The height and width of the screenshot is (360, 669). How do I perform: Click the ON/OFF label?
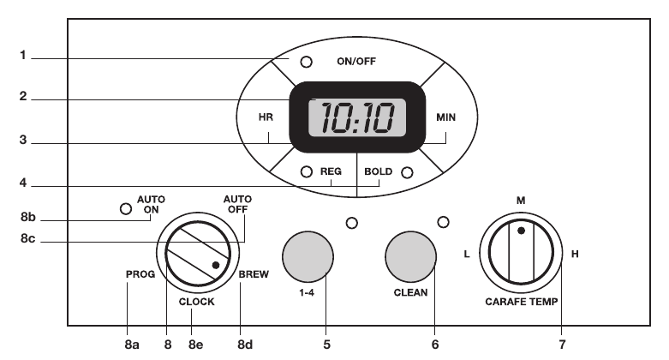click(x=356, y=62)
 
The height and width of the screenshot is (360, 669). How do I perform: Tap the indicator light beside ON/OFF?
click(x=306, y=62)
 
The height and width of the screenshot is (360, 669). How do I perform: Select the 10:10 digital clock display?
click(x=357, y=117)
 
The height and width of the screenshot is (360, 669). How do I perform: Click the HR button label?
click(x=266, y=117)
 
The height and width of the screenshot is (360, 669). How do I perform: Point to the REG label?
click(x=331, y=171)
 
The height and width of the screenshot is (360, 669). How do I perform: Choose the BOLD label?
click(x=378, y=171)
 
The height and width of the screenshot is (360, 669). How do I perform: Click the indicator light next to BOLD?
click(x=407, y=172)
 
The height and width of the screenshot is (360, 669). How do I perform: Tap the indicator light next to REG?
click(x=307, y=171)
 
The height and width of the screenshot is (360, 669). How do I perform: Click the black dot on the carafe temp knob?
click(x=521, y=231)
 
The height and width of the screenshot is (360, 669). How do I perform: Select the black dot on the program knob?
click(x=216, y=265)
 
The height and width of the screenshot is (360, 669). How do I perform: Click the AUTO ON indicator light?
click(x=126, y=209)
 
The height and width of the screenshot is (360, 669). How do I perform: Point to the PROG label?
click(x=140, y=274)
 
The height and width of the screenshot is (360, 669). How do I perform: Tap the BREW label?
click(x=254, y=274)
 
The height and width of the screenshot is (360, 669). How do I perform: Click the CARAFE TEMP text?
click(x=522, y=302)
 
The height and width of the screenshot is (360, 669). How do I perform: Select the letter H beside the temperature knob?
click(x=575, y=254)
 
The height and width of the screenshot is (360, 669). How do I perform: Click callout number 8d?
click(x=245, y=345)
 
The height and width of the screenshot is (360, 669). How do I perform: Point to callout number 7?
click(x=562, y=345)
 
